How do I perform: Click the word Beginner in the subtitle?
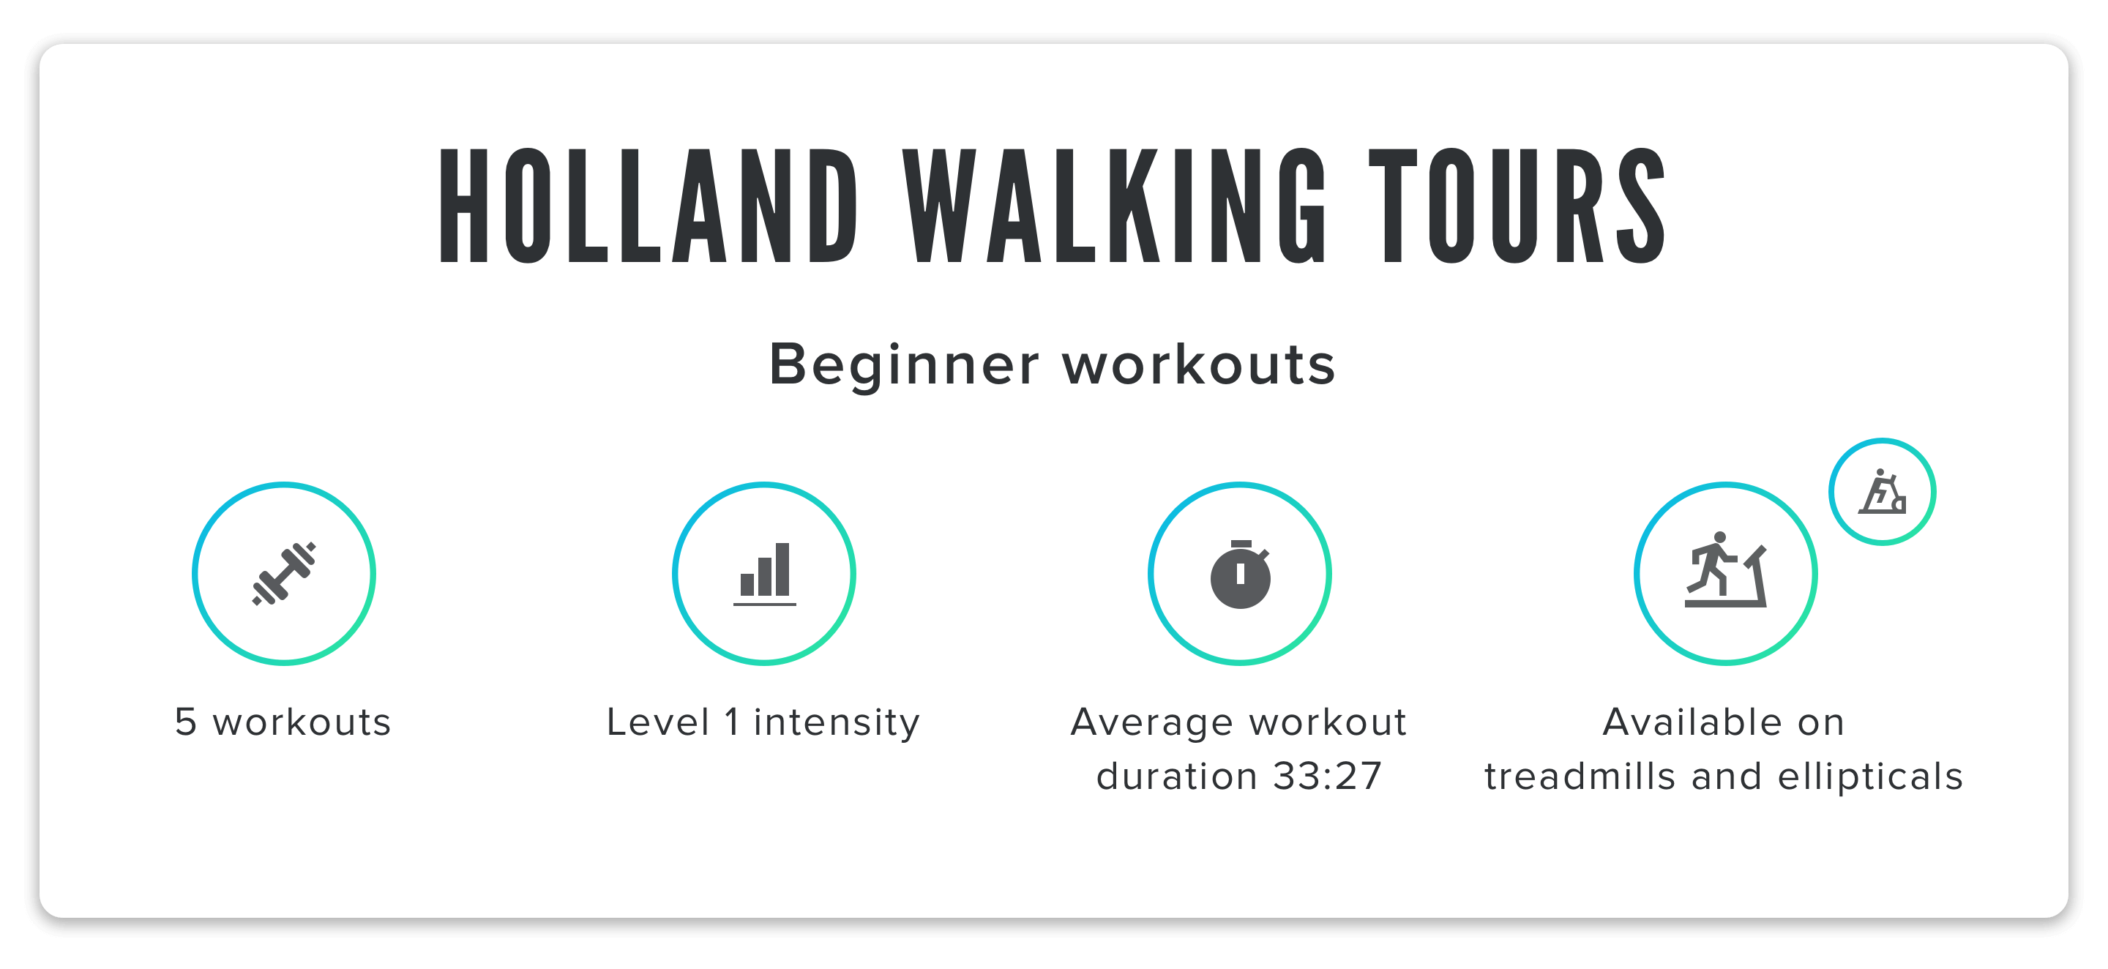904,366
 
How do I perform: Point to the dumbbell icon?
284,574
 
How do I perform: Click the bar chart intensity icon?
764,574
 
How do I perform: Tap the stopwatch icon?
1241,574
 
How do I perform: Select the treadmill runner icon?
1725,569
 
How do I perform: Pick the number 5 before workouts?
186,722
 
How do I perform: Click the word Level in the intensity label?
658,722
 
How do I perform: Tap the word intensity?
837,725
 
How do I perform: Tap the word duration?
1177,776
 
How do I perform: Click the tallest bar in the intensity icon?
782,569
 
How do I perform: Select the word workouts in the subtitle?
1199,365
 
